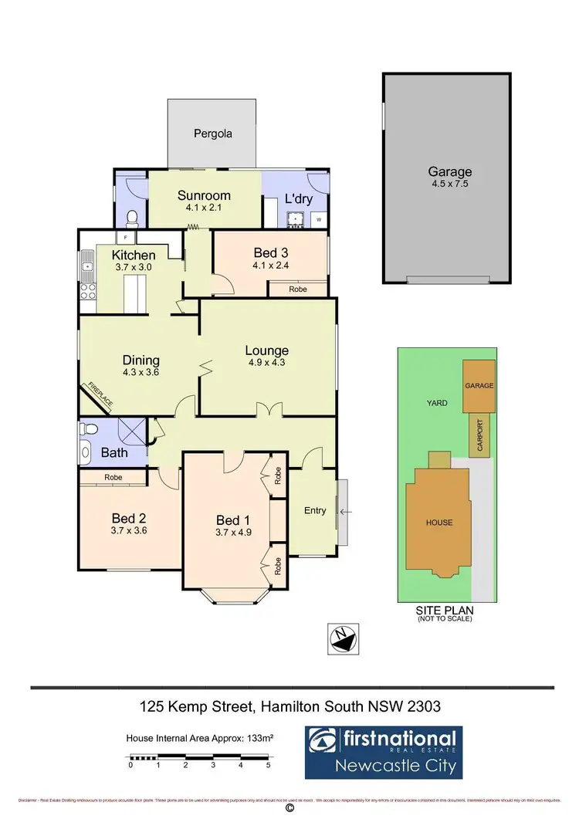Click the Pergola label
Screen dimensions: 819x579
[x=212, y=134]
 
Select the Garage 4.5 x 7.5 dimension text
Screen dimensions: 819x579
[x=449, y=184]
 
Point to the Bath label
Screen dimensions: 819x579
[x=115, y=452]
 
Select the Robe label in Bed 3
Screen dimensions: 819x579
[x=297, y=289]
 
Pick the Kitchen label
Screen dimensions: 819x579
[x=134, y=256]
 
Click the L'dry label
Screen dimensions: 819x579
[x=298, y=198]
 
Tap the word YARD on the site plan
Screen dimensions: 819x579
[x=438, y=403]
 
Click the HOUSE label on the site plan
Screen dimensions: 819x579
[x=439, y=523]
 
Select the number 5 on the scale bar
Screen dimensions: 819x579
[x=268, y=766]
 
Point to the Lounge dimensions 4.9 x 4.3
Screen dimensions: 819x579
[x=267, y=362]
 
